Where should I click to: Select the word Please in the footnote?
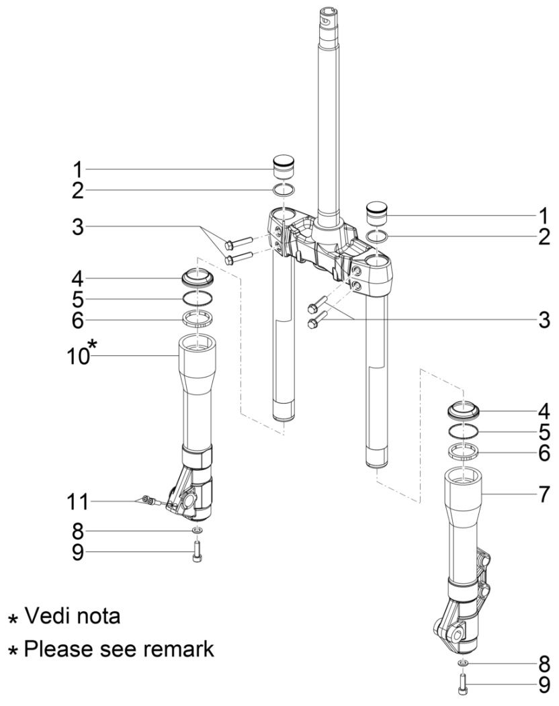point(54,649)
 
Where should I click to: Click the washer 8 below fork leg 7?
point(464,664)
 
